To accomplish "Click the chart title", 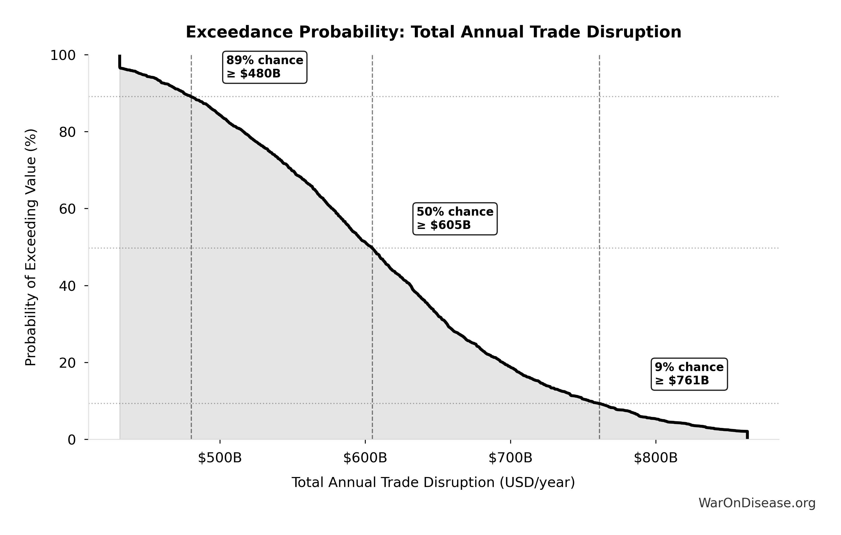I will [433, 32].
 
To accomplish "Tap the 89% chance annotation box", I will [265, 67].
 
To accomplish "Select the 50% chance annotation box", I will [455, 218].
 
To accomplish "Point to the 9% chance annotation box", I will [689, 374].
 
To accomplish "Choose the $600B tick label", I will [365, 458].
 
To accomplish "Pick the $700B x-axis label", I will [510, 458].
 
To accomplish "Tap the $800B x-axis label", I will [655, 458].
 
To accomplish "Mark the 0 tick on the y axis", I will [72, 440].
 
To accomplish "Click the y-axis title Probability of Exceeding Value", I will [31, 248].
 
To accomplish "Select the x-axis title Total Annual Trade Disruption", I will [433, 483].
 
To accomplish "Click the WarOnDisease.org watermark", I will [757, 503].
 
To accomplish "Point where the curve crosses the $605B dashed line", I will [372, 248].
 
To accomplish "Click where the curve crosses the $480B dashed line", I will [191, 97].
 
